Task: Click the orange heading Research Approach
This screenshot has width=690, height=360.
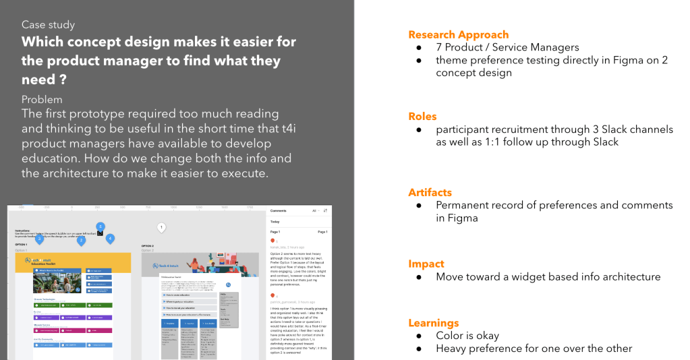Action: [x=458, y=35]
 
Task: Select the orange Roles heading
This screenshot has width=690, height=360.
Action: [x=422, y=116]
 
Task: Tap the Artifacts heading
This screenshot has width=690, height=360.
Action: [x=430, y=192]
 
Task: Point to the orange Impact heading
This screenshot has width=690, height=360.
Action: [x=426, y=264]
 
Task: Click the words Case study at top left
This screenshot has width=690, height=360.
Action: [x=49, y=25]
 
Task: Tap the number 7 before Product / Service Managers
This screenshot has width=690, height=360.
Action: [x=439, y=47]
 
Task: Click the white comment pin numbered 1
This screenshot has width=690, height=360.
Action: [x=161, y=228]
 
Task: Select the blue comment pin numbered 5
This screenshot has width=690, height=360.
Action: [x=100, y=227]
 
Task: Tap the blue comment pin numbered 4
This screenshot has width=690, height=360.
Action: [x=110, y=239]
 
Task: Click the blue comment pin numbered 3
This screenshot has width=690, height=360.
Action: [x=81, y=240]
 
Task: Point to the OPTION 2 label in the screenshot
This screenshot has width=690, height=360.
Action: [x=147, y=246]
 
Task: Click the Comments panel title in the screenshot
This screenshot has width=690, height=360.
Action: [x=279, y=210]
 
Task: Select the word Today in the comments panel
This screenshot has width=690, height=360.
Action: [x=275, y=221]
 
